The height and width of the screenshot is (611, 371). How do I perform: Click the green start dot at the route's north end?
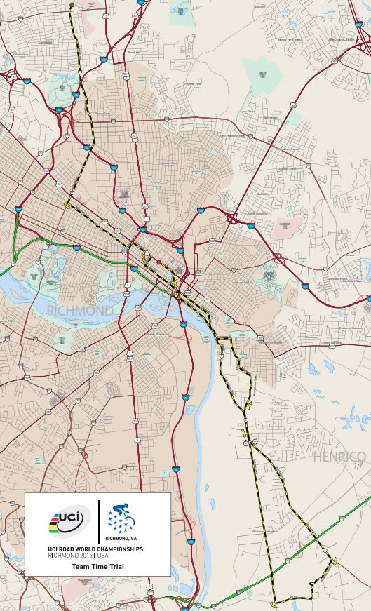tap(72, 6)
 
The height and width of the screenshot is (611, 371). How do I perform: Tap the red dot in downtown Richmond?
tap(158, 262)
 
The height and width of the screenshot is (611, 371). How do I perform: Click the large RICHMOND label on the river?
tap(80, 310)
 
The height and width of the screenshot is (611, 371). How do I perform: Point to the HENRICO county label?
tap(339, 457)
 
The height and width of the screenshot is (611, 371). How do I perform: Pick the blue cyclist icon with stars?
tap(122, 518)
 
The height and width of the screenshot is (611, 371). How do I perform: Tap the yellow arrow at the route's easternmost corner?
tap(335, 560)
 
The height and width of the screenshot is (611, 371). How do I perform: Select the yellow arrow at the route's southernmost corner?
tap(273, 601)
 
